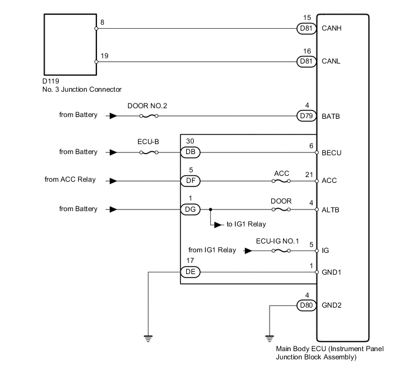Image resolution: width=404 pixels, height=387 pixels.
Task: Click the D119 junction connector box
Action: click(70, 45)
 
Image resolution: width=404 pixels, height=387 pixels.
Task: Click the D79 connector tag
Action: click(306, 116)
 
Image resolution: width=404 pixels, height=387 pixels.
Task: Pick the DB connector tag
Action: click(190, 152)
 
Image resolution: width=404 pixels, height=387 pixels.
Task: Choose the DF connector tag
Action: click(190, 181)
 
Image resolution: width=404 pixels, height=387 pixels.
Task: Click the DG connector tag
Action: click(190, 209)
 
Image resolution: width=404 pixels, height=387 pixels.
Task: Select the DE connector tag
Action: click(190, 272)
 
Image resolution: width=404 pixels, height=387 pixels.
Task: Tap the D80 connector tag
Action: click(306, 306)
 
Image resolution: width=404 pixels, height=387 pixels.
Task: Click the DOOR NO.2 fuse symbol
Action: click(147, 116)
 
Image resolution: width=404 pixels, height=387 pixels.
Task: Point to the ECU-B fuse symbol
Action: click(147, 152)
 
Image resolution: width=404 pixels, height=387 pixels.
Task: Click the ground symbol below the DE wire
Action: click(149, 338)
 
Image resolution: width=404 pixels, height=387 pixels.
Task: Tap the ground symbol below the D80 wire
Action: click(270, 338)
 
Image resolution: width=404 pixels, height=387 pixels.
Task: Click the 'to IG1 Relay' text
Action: click(246, 225)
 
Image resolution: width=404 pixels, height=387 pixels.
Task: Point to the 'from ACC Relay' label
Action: click(71, 180)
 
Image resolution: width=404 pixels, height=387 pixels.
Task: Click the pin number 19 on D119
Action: click(104, 55)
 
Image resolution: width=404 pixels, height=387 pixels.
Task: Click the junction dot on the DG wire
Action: click(210, 209)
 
